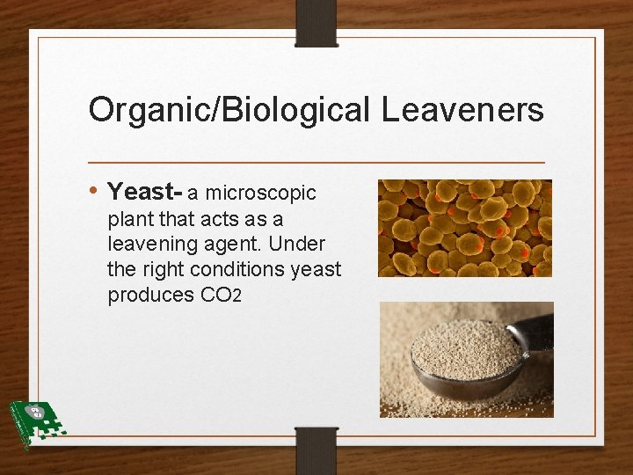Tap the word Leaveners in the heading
pos(462,110)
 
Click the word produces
pos(150,295)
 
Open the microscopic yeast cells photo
pos(464,228)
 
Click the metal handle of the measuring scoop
pos(534,332)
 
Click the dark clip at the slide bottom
pos(316,449)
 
